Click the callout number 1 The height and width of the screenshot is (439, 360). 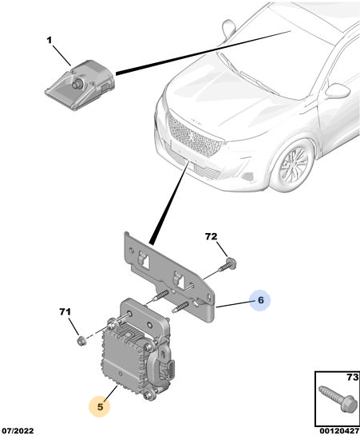pyautogui.click(x=49, y=41)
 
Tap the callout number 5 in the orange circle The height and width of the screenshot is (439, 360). pyautogui.click(x=100, y=406)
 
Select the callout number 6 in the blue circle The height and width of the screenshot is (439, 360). pyautogui.click(x=261, y=300)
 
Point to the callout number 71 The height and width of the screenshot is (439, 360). pyautogui.click(x=65, y=311)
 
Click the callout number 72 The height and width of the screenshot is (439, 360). pyautogui.click(x=211, y=236)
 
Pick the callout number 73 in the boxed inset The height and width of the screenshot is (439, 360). pyautogui.click(x=353, y=378)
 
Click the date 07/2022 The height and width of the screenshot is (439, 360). pyautogui.click(x=18, y=431)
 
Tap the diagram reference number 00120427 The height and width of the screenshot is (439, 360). pyautogui.click(x=339, y=431)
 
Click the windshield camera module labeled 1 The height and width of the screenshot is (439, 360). pyautogui.click(x=81, y=85)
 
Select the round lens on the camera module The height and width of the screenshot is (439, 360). pyautogui.click(x=77, y=84)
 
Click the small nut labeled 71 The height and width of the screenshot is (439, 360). pyautogui.click(x=81, y=341)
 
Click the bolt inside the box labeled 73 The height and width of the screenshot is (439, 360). pyautogui.click(x=338, y=398)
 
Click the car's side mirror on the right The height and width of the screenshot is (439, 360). pyautogui.click(x=337, y=90)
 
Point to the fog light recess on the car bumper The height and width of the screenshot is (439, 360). pyautogui.click(x=248, y=176)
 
